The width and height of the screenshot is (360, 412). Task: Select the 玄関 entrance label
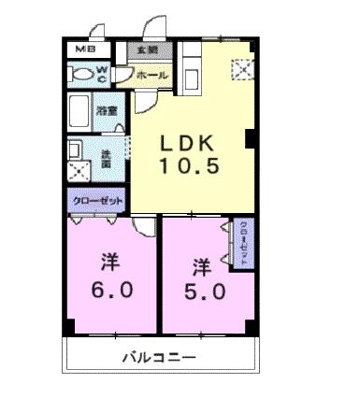(148, 50)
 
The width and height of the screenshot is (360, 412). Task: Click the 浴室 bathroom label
(106, 110)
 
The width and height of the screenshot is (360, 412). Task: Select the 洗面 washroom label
(106, 159)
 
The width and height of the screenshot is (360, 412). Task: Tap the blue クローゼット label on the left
(96, 200)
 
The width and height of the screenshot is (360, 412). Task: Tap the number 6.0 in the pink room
(112, 290)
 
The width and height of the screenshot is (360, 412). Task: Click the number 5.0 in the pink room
(205, 290)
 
